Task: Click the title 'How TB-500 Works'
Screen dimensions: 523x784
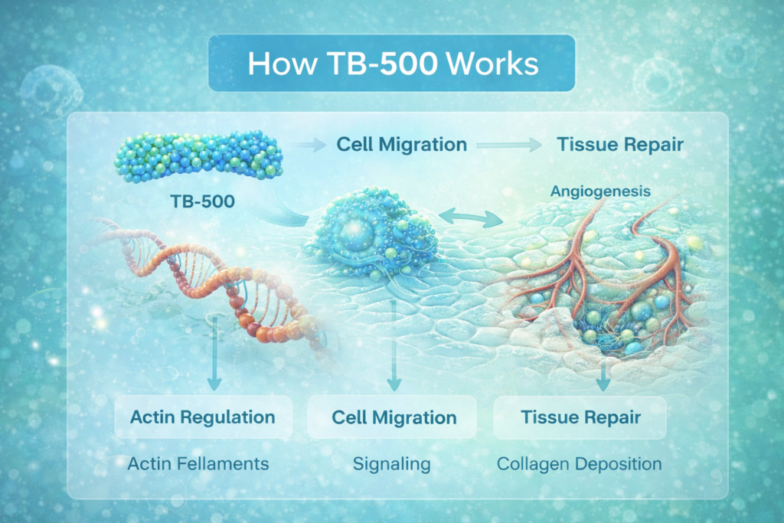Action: coord(392,64)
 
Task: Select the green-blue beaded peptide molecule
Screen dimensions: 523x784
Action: coord(198,156)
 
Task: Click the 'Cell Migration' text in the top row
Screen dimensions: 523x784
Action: coord(402,144)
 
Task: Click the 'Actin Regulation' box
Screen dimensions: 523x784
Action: coord(203,417)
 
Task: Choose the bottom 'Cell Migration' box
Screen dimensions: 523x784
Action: coord(394,417)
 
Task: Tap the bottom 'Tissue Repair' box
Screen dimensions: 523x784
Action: coord(580,417)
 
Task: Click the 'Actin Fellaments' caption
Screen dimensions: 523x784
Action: coord(198,464)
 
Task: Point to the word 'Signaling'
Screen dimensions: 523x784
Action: coord(391,464)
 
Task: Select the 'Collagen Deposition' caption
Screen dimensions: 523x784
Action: coord(580,464)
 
